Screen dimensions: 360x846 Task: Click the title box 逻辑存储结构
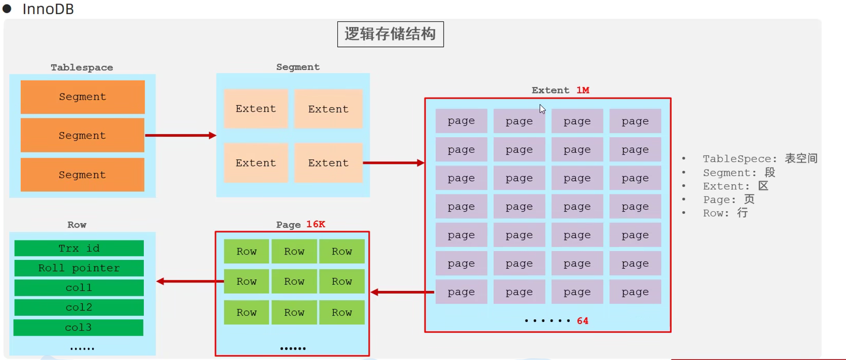click(390, 34)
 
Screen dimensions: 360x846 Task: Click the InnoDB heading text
click(48, 9)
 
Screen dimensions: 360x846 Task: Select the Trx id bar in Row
click(79, 248)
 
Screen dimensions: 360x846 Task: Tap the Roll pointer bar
click(79, 268)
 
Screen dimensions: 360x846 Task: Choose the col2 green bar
click(79, 307)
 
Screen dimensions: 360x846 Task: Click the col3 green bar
click(78, 328)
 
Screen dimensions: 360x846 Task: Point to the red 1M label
click(583, 90)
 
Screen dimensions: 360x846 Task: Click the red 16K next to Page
click(316, 224)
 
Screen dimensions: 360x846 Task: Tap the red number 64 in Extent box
click(582, 321)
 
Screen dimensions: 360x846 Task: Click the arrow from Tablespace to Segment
click(180, 135)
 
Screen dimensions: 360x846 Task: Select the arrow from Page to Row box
click(189, 281)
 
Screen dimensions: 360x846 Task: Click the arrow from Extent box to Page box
click(402, 292)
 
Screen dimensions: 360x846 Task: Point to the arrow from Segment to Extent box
click(393, 163)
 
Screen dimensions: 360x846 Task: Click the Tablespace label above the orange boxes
click(82, 68)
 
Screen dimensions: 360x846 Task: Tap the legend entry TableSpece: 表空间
click(760, 159)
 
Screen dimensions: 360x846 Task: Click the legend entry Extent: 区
click(735, 186)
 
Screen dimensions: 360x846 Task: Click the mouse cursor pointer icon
click(542, 109)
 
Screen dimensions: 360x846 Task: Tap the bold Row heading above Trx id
click(77, 225)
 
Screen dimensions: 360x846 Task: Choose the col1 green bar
click(79, 288)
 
